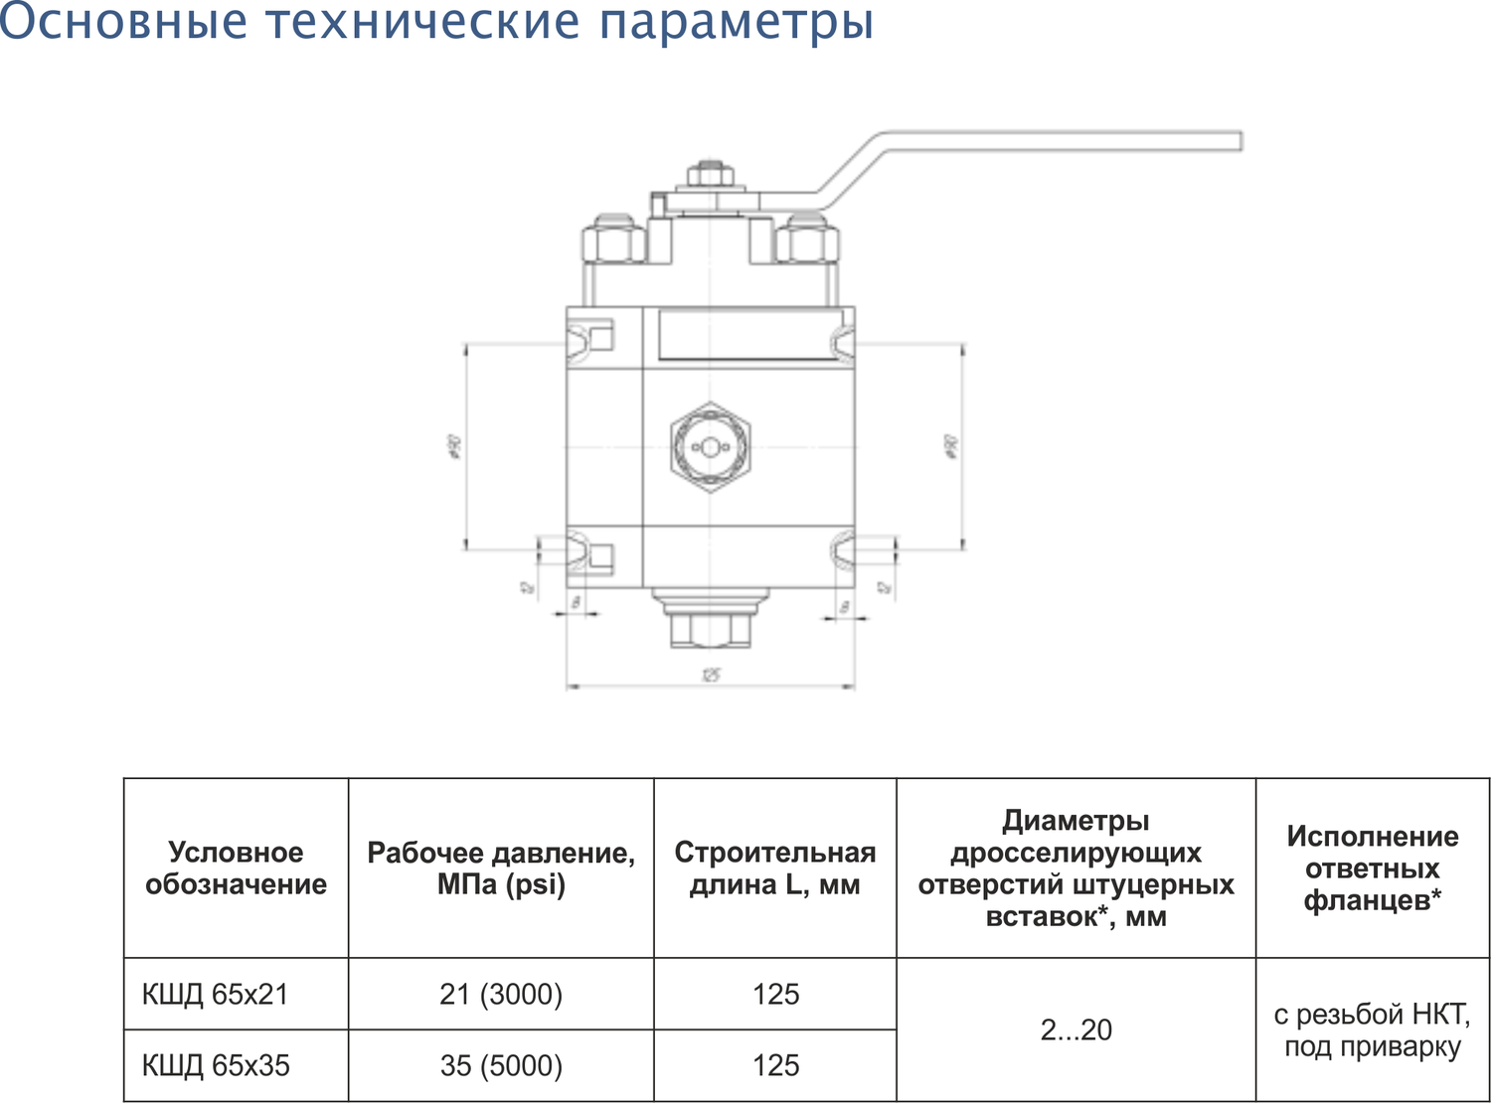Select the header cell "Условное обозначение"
pyautogui.click(x=236, y=868)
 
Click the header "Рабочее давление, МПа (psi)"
pyautogui.click(x=501, y=868)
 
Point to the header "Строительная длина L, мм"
pyautogui.click(x=775, y=868)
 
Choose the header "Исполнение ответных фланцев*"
pyautogui.click(x=1373, y=868)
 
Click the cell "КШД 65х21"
pyautogui.click(x=216, y=995)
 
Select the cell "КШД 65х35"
pyautogui.click(x=217, y=1066)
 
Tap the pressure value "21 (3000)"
pyautogui.click(x=501, y=995)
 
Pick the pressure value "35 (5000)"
pyautogui.click(x=501, y=1066)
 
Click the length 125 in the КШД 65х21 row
pyautogui.click(x=775, y=995)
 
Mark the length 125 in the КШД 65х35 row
pyautogui.click(x=775, y=1066)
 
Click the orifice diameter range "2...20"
pyautogui.click(x=1076, y=1030)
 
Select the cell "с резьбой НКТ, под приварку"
pyautogui.click(x=1373, y=1030)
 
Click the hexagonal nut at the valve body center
pyautogui.click(x=710, y=447)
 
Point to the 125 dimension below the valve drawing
pyautogui.click(x=710, y=676)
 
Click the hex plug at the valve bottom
pyautogui.click(x=710, y=628)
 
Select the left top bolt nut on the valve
pyautogui.click(x=612, y=240)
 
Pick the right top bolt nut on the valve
pyautogui.click(x=806, y=240)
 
